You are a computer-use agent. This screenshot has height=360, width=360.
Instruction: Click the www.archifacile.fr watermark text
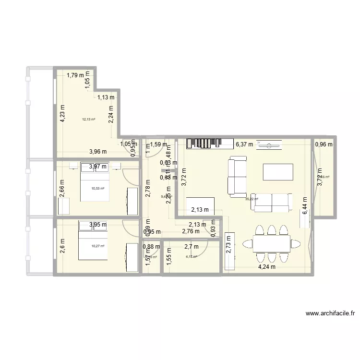click(x=330, y=314)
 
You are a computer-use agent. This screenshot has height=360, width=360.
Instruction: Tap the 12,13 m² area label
click(x=88, y=119)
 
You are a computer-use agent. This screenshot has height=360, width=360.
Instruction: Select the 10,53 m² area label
click(x=98, y=189)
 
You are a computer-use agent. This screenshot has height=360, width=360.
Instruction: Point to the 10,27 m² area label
click(x=97, y=246)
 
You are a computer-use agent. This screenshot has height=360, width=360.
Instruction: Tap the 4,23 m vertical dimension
click(x=62, y=114)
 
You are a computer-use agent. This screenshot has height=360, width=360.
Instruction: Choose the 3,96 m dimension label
click(x=98, y=152)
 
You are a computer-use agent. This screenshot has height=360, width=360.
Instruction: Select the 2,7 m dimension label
click(x=192, y=247)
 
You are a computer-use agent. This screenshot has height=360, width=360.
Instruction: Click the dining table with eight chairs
click(x=271, y=244)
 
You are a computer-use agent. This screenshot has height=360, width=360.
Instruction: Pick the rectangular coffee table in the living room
click(x=278, y=172)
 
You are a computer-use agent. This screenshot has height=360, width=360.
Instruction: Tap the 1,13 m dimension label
click(x=106, y=97)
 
